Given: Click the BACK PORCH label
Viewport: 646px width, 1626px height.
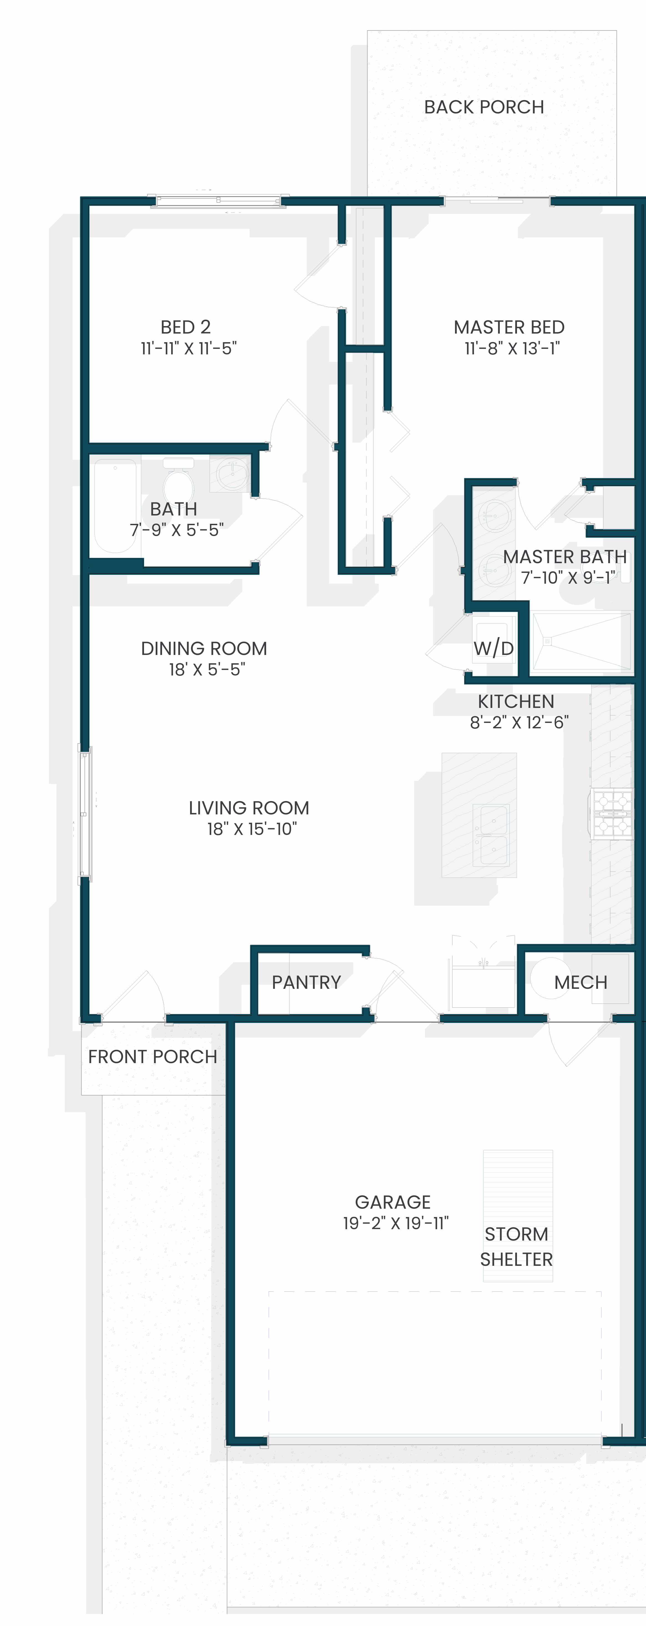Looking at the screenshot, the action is (x=484, y=107).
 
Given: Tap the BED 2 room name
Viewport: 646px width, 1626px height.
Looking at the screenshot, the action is (x=186, y=327).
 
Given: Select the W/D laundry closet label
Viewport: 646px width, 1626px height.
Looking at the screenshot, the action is (x=493, y=648).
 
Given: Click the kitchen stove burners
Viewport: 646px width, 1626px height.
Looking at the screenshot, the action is (x=611, y=814).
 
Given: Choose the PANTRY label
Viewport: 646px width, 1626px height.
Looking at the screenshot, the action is (x=306, y=982).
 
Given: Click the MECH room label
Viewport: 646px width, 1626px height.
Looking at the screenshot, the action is (x=581, y=982).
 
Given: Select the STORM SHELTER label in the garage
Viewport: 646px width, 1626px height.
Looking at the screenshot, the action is (x=516, y=1247).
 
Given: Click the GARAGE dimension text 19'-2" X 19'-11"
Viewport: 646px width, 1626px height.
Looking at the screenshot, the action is (x=396, y=1223).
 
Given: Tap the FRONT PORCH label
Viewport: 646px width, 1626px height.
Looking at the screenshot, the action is (x=152, y=1057).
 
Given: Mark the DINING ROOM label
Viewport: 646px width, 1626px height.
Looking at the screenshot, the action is (x=204, y=648).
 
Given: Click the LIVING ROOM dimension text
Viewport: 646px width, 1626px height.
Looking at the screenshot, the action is (x=252, y=829).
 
